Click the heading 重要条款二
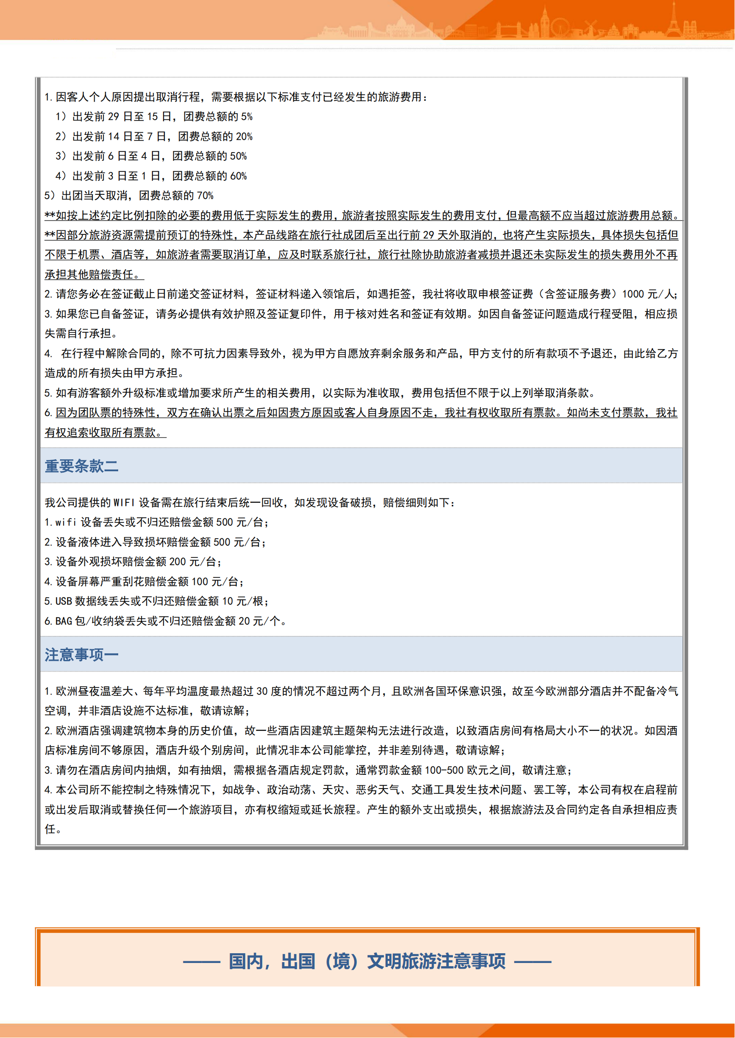pos(81,466)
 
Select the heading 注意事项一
pos(81,655)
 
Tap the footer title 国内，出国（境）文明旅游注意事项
pos(367,961)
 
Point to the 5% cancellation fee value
pos(247,117)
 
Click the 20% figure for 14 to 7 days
pos(244,137)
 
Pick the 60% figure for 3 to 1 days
pos(239,176)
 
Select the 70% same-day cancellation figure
pos(205,196)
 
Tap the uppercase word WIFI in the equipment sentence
pos(124,503)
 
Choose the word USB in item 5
pos(64,601)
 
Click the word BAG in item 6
pos(64,621)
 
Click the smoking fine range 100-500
pos(443,770)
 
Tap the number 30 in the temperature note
pos(262,691)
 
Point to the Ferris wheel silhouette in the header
pos(560,27)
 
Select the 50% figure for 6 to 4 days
pos(239,156)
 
